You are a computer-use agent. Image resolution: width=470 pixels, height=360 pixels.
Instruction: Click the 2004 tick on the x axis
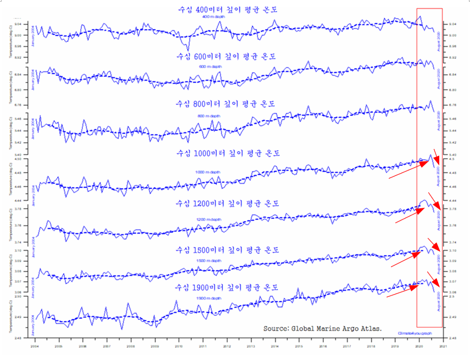point(34,347)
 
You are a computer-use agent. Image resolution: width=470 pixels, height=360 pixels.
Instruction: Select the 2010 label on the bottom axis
point(178,347)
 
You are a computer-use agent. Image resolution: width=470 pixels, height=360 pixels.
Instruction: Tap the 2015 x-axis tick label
point(299,347)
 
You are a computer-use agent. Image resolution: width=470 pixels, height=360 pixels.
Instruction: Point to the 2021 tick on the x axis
point(443,347)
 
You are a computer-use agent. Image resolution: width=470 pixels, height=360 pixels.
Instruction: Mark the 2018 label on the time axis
point(371,347)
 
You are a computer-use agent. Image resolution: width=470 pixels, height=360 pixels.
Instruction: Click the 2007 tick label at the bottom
point(107,347)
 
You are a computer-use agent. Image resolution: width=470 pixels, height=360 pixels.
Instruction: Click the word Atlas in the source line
point(370,328)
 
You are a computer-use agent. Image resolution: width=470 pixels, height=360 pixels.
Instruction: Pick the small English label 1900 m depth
point(209,297)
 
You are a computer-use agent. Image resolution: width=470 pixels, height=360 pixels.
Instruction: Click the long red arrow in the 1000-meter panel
point(408,169)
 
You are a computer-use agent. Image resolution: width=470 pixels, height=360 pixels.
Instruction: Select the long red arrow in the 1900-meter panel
point(407,290)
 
